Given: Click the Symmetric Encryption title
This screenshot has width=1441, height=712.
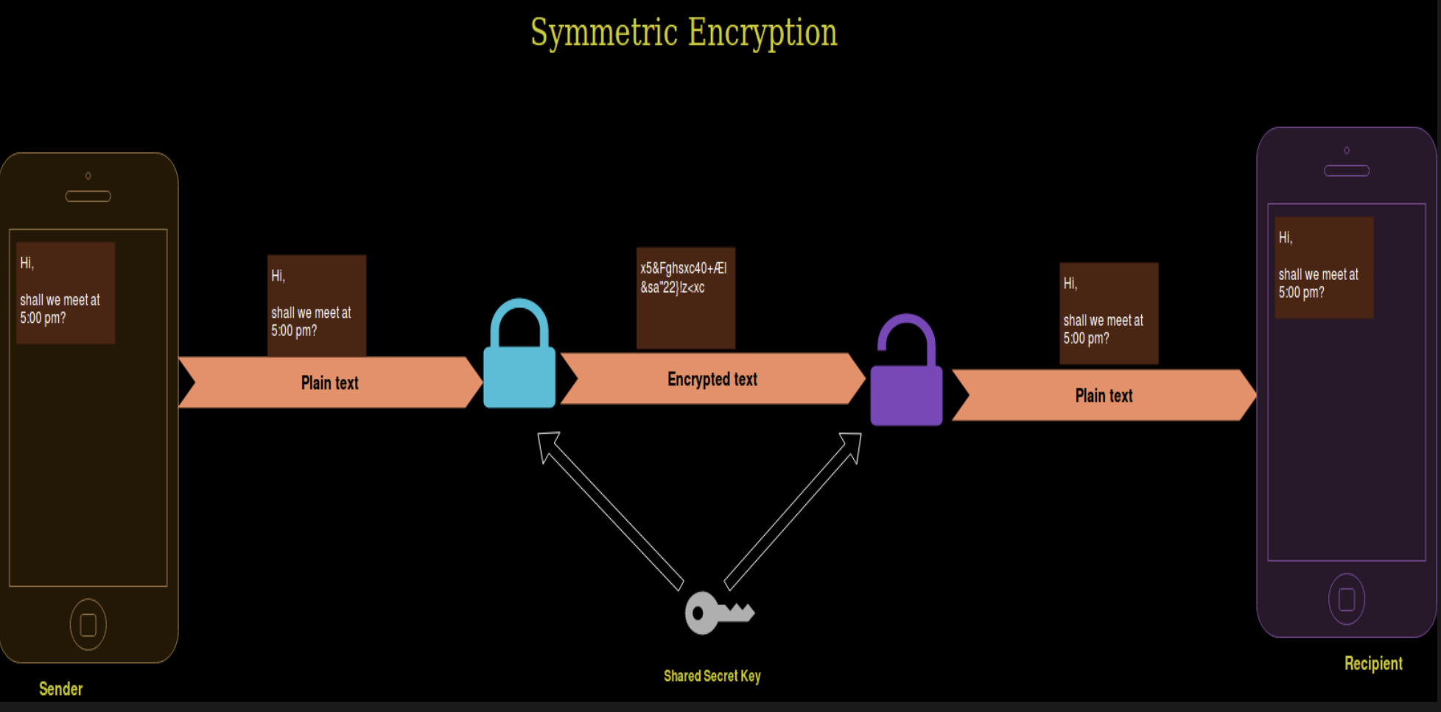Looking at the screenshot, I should pos(684,33).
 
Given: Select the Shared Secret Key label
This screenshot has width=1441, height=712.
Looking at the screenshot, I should pos(712,676).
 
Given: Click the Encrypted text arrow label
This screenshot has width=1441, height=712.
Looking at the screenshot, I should pos(712,380).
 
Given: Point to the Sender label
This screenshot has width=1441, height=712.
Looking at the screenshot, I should pos(60,689).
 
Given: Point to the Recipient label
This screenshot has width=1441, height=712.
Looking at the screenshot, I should pos(1373,663).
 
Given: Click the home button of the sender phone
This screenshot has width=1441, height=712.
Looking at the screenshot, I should pos(88,624).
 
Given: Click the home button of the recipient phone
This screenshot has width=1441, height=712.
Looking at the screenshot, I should pos(1346,599).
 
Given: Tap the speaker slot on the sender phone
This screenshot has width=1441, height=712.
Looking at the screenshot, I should pos(88,196).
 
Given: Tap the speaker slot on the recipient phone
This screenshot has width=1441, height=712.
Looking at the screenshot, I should pos(1346,171).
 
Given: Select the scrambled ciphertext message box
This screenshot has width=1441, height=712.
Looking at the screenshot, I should pos(685,298).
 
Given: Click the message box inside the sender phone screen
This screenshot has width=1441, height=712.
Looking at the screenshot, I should pos(66,293).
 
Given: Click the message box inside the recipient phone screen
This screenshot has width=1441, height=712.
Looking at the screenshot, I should pos(1324,268).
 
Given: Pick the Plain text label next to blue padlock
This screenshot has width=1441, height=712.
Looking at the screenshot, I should pos(329,383).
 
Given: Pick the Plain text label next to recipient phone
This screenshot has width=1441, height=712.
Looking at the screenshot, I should pos(1104,396).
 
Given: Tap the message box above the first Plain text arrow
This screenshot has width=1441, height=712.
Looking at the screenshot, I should pos(316,305).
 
